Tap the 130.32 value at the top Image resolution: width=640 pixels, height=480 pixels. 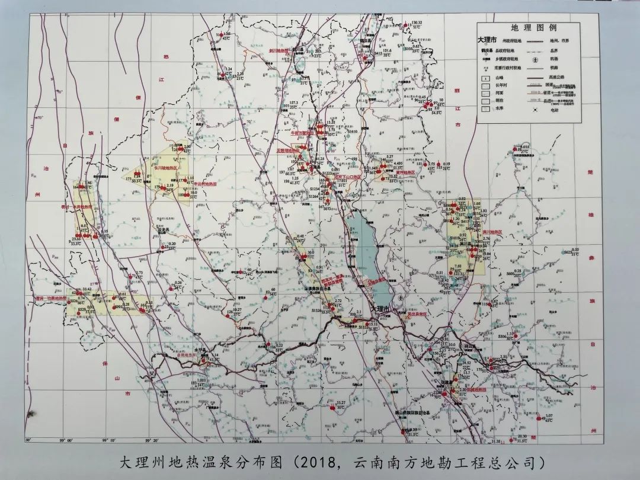tap(416, 23)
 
